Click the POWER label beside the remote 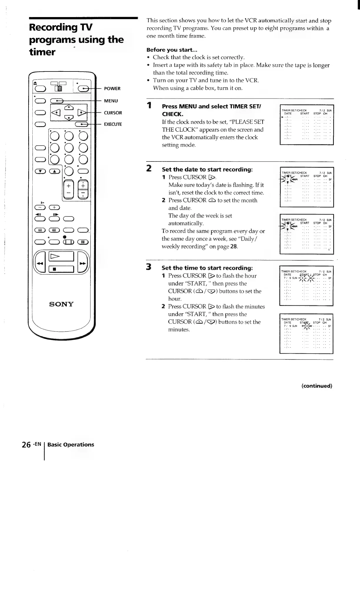click(x=112, y=89)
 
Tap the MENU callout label click(x=111, y=101)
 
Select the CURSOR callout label click(x=113, y=113)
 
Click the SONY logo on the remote click(x=61, y=304)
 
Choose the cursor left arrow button click(x=56, y=113)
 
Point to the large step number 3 click(x=149, y=267)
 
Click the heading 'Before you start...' click(x=172, y=50)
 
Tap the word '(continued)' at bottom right click(x=317, y=386)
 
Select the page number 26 click(x=26, y=445)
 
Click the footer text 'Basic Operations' click(x=71, y=444)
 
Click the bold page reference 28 click(x=234, y=246)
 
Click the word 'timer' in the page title click(x=42, y=52)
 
